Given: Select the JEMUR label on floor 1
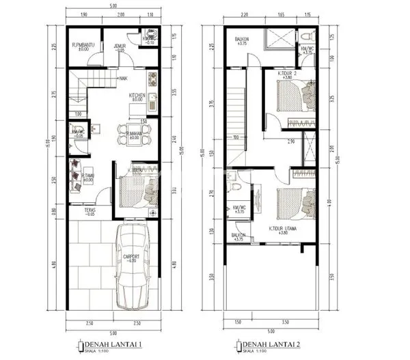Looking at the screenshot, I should pos(120,45).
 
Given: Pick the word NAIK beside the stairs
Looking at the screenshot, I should pos(123,79).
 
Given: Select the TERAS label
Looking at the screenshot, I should pos(90,210).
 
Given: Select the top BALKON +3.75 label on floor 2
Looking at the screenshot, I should pos(241,41).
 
